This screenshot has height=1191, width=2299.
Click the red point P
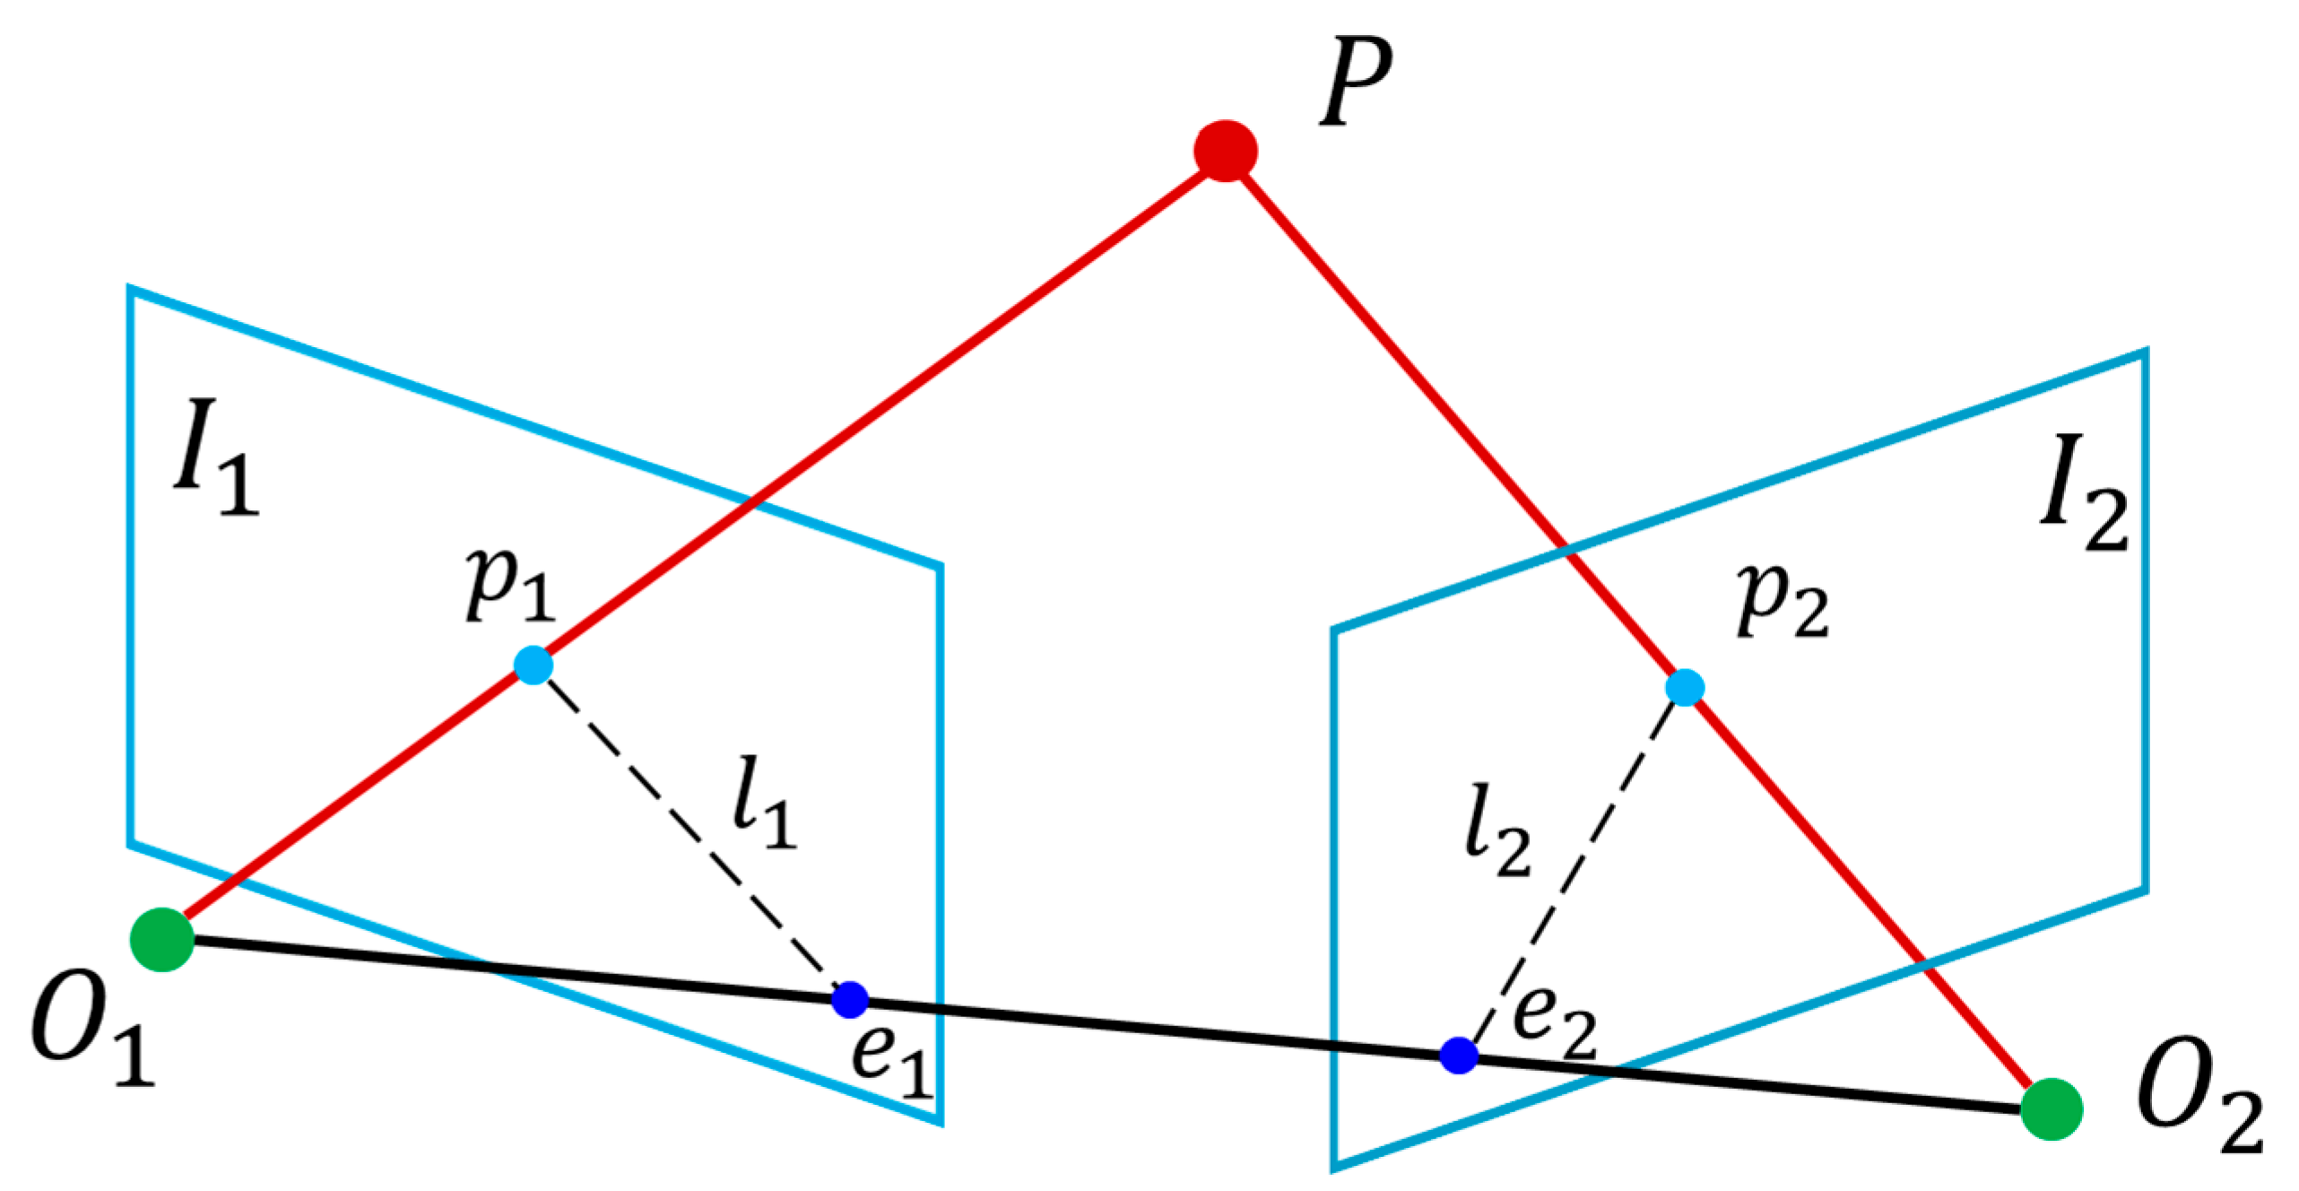(1225, 151)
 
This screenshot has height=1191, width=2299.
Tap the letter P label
(1355, 83)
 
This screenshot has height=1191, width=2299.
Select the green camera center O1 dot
(162, 940)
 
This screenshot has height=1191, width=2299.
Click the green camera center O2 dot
(2051, 1109)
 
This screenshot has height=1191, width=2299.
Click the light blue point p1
(534, 665)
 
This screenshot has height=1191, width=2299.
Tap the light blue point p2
(1685, 688)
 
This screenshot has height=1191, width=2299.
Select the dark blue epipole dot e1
(850, 999)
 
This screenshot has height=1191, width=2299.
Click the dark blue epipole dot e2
(1459, 1055)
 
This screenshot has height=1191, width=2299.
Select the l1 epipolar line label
(763, 804)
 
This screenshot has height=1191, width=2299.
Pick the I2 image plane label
(2082, 494)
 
